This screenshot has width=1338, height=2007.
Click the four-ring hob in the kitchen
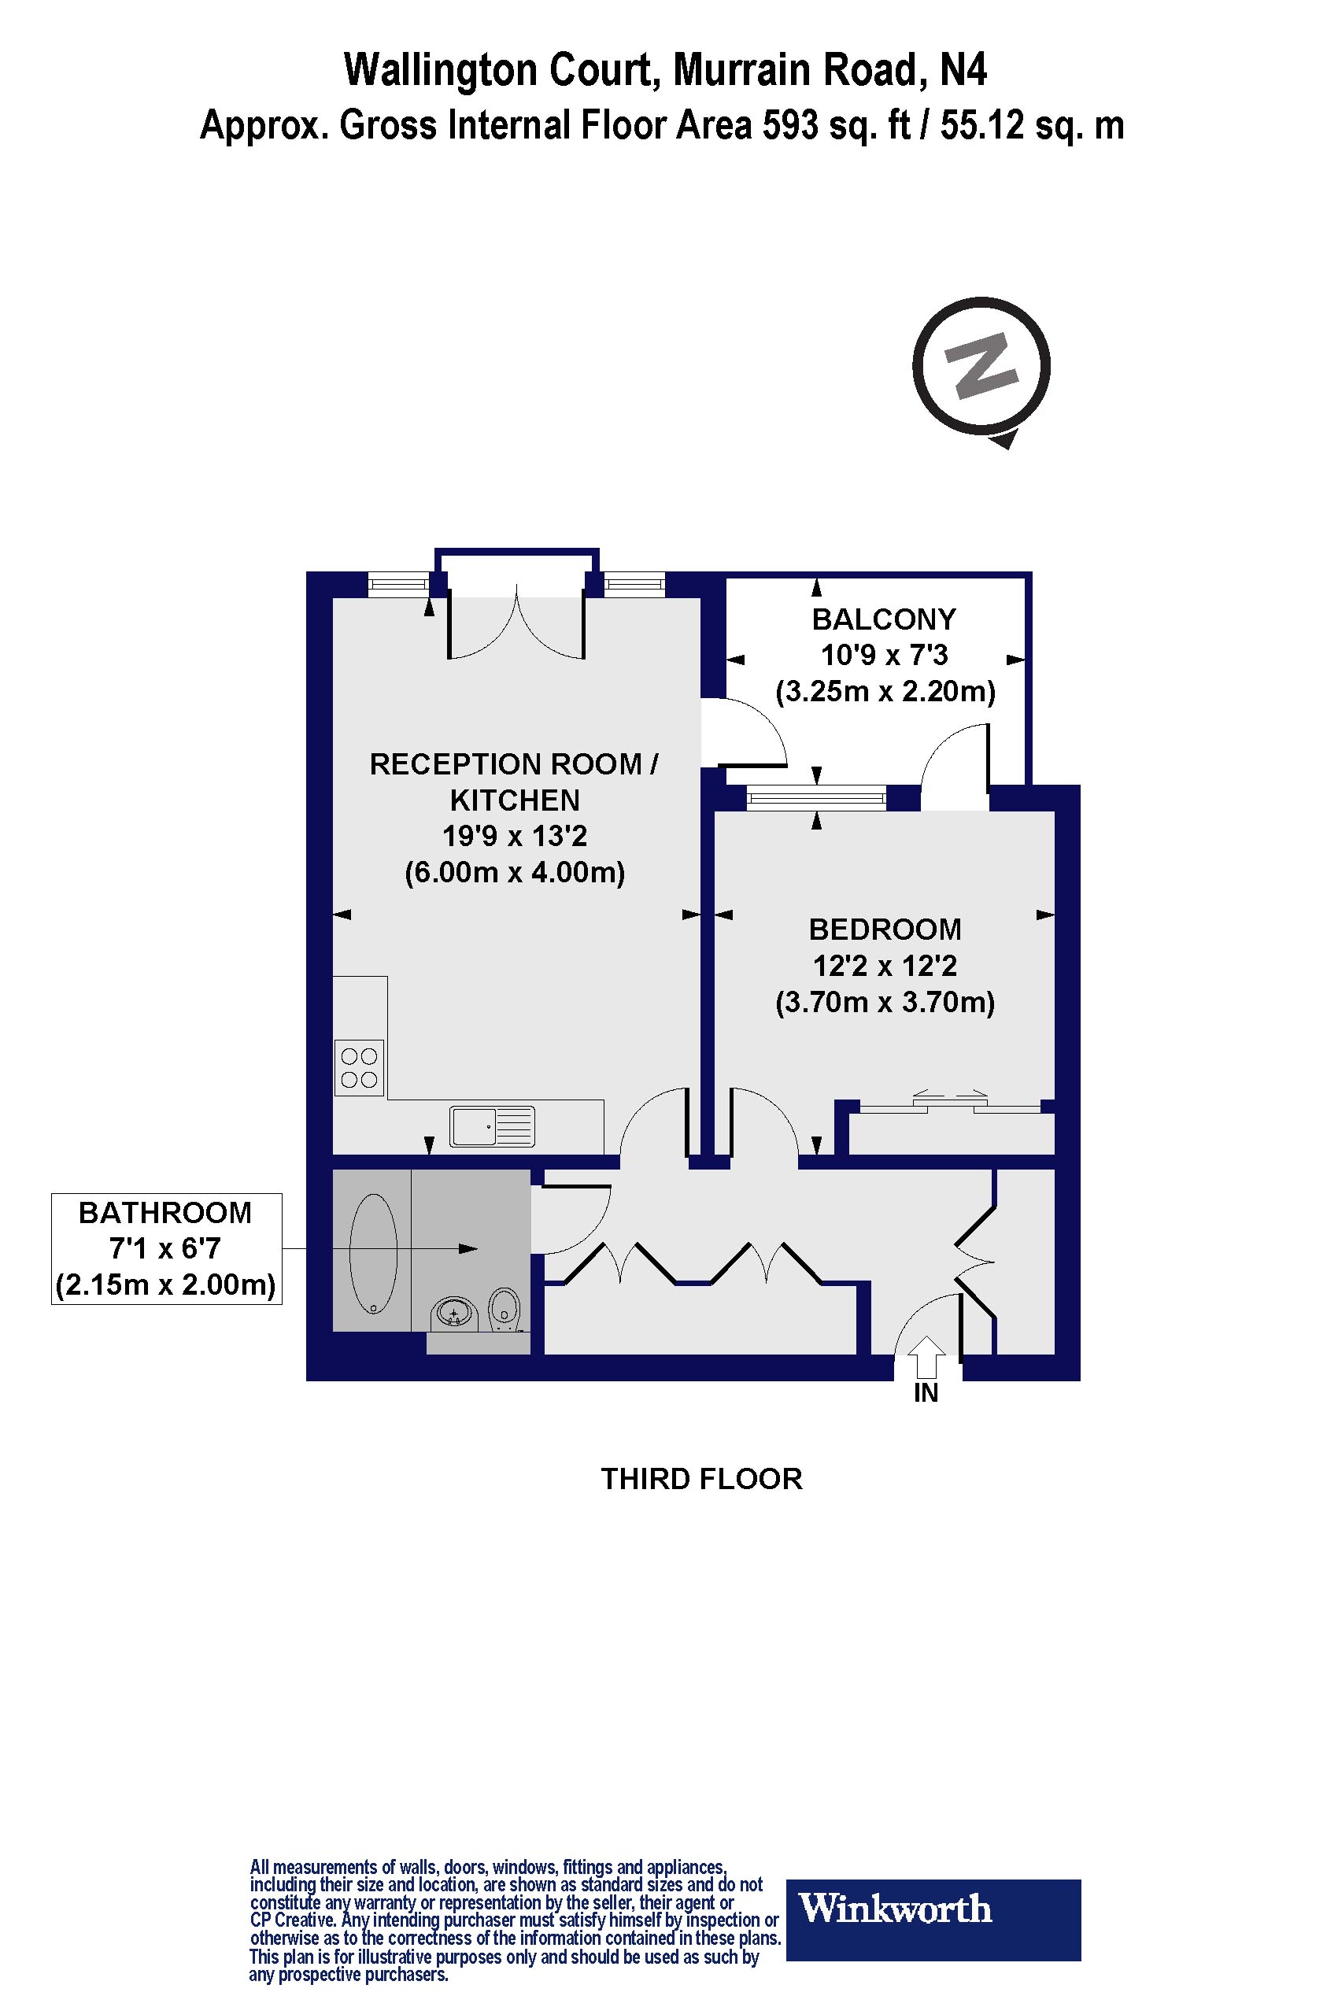click(359, 1067)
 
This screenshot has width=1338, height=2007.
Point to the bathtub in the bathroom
click(374, 1253)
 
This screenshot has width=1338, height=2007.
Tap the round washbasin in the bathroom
click(453, 1314)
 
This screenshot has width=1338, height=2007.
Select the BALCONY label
click(884, 619)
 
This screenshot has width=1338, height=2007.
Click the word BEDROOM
click(885, 929)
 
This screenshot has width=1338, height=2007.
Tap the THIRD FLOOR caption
click(701, 1479)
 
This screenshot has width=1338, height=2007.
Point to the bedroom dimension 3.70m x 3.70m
click(885, 1002)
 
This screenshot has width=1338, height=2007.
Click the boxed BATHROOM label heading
click(165, 1213)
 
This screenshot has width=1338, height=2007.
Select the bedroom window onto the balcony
click(817, 798)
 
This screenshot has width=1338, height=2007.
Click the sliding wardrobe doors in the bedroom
click(950, 1103)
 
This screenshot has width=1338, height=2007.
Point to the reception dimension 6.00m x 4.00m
click(515, 873)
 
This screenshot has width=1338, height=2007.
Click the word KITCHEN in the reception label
click(515, 800)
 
